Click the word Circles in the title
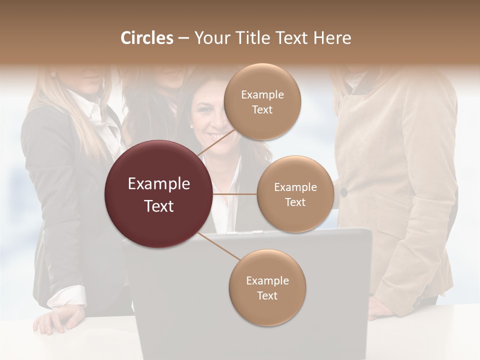coord(147,38)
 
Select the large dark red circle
coord(158,194)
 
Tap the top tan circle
coord(262,102)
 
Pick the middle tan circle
coord(295,194)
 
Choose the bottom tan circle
coord(267,287)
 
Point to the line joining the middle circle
coord(235,194)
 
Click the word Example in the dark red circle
coord(158,184)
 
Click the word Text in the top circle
coord(262,109)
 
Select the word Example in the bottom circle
coord(267,280)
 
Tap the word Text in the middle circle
coord(295,202)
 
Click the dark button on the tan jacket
coord(343,192)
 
